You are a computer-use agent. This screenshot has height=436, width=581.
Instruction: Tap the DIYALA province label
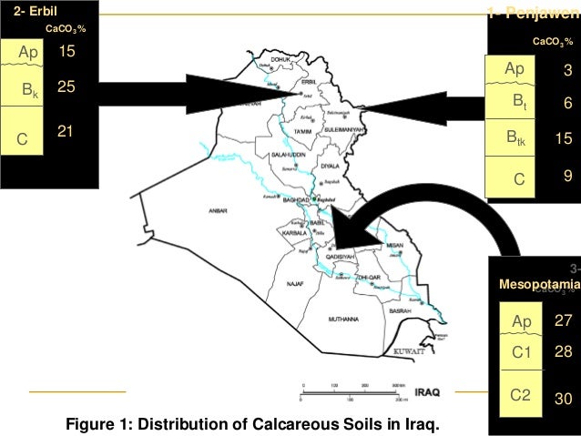tap(330, 167)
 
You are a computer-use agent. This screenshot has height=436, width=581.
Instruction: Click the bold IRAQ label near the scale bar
tap(428, 392)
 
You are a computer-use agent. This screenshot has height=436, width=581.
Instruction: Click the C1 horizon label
tap(521, 351)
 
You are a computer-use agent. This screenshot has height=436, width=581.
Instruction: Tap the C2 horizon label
tap(521, 396)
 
